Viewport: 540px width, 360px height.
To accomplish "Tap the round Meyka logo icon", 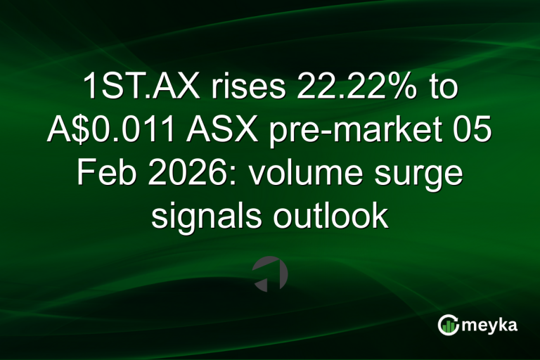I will [448, 325].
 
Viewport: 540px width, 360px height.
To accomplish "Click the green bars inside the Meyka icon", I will [448, 326].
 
